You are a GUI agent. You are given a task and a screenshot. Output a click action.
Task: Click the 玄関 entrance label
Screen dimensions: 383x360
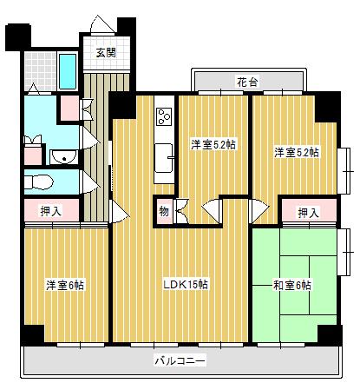coord(106,52)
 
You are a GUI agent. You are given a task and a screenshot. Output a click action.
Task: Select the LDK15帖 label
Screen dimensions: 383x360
coord(186,284)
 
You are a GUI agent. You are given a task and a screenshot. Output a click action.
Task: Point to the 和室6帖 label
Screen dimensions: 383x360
coord(291,285)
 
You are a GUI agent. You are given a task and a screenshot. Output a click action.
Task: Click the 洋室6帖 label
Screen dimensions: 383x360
coord(65,284)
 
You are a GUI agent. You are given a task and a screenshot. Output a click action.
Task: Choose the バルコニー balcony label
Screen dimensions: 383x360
coord(180,359)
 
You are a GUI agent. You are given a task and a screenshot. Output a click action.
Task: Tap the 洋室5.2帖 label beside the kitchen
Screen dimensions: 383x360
coord(213,145)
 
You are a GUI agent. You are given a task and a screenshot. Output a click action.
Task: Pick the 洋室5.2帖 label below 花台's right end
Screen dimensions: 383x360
coord(296,152)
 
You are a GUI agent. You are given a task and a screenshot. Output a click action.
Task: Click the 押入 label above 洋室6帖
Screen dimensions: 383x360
coord(50,209)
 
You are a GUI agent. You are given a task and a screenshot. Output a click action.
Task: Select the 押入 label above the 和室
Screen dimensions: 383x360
coord(308,212)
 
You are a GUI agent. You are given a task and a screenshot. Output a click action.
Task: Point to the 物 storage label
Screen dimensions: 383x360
coord(164,209)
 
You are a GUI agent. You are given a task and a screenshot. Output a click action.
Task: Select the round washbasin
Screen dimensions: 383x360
coord(61,156)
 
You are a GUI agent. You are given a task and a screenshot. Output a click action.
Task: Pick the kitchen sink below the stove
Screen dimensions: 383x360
coord(164,158)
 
